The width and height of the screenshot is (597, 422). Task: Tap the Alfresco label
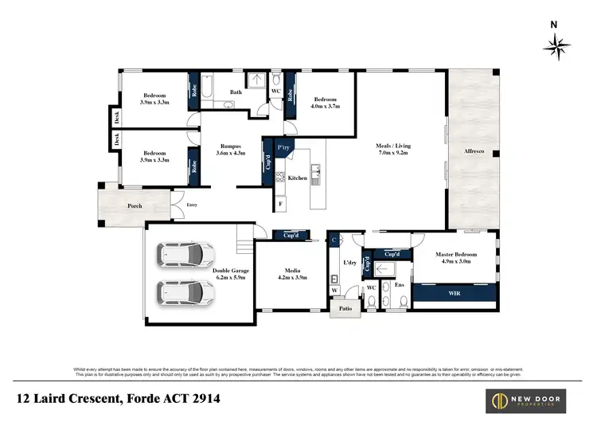click(x=474, y=150)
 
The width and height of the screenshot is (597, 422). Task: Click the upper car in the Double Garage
click(x=184, y=256)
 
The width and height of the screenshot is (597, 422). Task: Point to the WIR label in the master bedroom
click(x=454, y=294)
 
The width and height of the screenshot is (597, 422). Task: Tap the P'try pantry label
click(x=283, y=148)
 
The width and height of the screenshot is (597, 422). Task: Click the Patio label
click(x=345, y=308)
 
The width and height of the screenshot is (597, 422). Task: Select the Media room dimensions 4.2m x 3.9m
click(x=291, y=279)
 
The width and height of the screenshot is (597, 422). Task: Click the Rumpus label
click(x=232, y=146)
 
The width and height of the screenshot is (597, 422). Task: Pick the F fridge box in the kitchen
click(x=280, y=205)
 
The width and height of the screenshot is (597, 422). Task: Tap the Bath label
click(x=236, y=92)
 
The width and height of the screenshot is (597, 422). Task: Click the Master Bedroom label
click(x=454, y=255)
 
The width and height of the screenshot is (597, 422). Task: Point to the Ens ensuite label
click(x=400, y=284)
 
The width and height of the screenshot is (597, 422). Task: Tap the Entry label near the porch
click(x=191, y=205)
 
